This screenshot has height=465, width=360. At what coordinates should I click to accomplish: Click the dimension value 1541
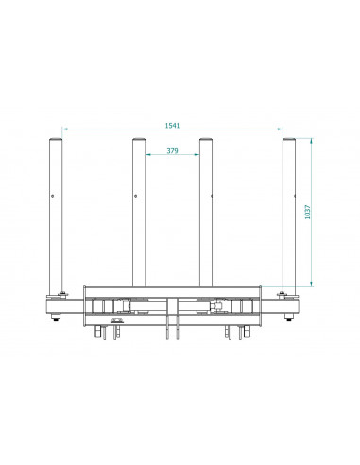172,125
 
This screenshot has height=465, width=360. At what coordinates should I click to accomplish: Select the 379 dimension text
172,150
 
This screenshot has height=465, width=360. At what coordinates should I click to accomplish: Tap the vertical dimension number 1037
308,212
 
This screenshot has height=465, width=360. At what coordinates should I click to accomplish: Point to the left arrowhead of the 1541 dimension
64,129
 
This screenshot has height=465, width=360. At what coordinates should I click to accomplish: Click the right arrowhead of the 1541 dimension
281,129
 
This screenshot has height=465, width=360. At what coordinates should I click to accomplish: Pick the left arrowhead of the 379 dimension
147,154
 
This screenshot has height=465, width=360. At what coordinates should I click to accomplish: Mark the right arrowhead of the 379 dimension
197,154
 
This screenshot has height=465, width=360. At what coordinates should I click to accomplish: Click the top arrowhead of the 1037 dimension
312,141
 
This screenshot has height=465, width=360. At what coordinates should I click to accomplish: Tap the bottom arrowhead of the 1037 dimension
312,284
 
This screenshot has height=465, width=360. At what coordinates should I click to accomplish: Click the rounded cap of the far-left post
56,139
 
